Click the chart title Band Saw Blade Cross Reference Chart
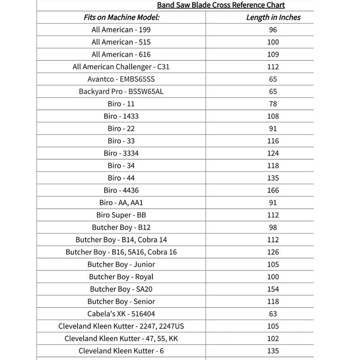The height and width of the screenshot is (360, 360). click(220, 5)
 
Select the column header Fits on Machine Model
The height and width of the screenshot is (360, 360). click(121, 18)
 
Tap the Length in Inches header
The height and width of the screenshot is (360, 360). click(273, 18)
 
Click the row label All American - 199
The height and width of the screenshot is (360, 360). click(121, 30)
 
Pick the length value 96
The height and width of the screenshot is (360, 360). click(273, 30)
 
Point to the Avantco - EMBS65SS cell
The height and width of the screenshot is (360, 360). click(121, 79)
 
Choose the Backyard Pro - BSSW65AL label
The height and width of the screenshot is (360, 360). click(121, 91)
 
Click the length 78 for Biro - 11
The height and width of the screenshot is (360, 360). click(273, 104)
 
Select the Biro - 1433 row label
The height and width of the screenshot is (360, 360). click(121, 116)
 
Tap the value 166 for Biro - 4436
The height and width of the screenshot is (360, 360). click(273, 190)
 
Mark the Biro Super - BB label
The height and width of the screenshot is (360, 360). click(121, 215)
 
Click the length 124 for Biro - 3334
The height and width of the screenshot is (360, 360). click(273, 153)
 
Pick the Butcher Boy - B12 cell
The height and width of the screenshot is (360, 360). click(121, 227)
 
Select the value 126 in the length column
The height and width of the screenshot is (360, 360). click(273, 252)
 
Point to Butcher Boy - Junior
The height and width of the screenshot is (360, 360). click(121, 265)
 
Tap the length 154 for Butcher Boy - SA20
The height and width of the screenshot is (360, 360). click(273, 289)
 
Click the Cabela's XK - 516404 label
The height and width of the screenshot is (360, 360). click(121, 314)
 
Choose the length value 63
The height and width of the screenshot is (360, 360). click(273, 314)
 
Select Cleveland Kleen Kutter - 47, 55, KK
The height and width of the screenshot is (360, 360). click(121, 338)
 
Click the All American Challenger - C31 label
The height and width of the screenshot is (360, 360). click(121, 67)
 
